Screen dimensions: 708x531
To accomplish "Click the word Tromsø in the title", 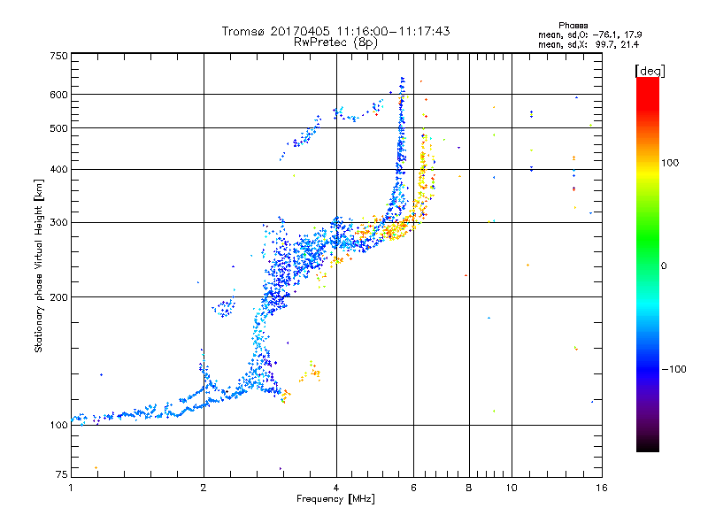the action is [x=244, y=31].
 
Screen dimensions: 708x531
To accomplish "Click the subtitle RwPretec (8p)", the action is [x=335, y=42].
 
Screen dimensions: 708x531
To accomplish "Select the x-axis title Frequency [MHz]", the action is [x=335, y=498].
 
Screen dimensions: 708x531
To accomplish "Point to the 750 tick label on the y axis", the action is [x=58, y=56].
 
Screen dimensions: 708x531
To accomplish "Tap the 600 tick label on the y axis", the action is [x=58, y=95].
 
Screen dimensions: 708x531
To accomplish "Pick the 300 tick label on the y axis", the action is [x=58, y=223].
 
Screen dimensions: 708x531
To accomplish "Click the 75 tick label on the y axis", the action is [x=62, y=474].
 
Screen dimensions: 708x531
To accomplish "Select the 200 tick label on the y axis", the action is [x=58, y=297].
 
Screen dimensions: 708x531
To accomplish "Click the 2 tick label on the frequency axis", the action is [x=204, y=488].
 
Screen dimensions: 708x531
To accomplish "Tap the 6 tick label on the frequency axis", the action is [x=413, y=488].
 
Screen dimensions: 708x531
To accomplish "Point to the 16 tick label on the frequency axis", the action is [x=602, y=488].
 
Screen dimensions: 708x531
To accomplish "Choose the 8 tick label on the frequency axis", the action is [x=469, y=488].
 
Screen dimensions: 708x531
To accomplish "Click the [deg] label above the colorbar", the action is [x=650, y=71].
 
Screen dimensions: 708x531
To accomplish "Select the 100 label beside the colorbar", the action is [x=670, y=163].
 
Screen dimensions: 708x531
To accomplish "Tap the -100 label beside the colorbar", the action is [x=673, y=369].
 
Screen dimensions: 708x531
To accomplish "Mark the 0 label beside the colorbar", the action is [x=664, y=266].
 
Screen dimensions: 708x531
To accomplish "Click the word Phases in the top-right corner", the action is [x=573, y=26].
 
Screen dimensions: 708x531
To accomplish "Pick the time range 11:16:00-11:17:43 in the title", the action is [x=393, y=31].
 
